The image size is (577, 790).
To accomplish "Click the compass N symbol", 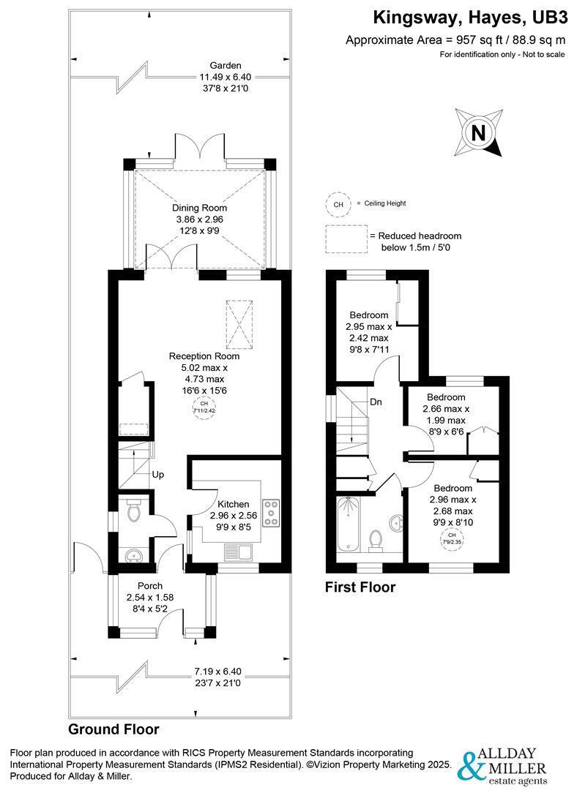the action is [x=478, y=133].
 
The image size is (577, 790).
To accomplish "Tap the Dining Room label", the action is [x=199, y=208].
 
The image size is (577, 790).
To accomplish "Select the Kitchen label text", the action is [x=233, y=504].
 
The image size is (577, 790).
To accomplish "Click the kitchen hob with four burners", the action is [x=271, y=513].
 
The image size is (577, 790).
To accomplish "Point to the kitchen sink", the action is [x=239, y=552].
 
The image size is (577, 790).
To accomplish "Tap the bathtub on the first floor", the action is [x=349, y=524].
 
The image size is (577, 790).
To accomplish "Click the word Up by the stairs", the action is [x=158, y=475].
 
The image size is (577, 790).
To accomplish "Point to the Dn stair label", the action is [x=376, y=402].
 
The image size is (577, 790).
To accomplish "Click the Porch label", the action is [x=150, y=586].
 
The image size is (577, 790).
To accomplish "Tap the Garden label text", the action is [x=226, y=66].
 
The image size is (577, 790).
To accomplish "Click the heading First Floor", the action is [x=360, y=587].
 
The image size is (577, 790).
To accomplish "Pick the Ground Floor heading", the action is [x=113, y=729].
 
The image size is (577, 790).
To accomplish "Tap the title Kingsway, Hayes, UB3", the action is [x=470, y=18].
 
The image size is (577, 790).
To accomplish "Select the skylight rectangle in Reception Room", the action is [x=239, y=324].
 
